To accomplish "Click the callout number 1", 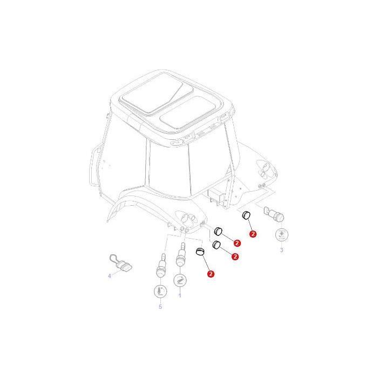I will pyautogui.click(x=180, y=295).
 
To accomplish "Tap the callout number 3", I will pyautogui.click(x=281, y=250).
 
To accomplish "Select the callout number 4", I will pyautogui.click(x=109, y=275).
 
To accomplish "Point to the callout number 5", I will pyautogui.click(x=160, y=307).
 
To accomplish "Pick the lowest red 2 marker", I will pyautogui.click(x=211, y=274).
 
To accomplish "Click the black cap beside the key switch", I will pyautogui.click(x=245, y=215).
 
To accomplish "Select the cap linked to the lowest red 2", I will pyautogui.click(x=199, y=252).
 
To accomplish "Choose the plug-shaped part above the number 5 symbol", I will pyautogui.click(x=160, y=265).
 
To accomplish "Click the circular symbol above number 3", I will pyautogui.click(x=281, y=235).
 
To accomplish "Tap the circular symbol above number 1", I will pyautogui.click(x=180, y=281).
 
